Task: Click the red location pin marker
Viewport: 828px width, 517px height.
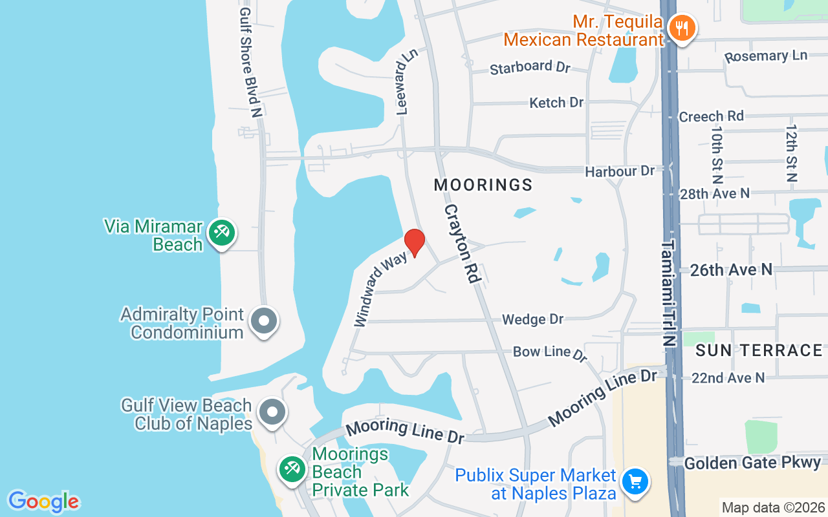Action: point(415,243)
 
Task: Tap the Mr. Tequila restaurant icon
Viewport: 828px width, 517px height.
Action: point(681,28)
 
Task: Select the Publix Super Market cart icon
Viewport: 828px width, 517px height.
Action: point(635,481)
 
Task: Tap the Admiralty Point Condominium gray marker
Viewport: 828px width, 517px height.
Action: point(264,321)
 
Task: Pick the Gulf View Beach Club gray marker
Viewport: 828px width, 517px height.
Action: point(272,411)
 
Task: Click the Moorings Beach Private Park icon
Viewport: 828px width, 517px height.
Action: point(292,469)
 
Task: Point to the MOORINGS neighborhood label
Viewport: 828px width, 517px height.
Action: point(483,185)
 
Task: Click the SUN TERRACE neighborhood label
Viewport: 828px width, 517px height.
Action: point(759,350)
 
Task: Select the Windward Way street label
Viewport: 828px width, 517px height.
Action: point(381,289)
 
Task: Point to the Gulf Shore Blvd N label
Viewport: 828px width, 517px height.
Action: point(250,62)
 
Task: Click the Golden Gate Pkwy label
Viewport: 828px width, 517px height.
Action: point(752,463)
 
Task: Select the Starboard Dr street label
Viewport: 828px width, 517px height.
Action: point(530,67)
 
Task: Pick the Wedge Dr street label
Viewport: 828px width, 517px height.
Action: point(533,319)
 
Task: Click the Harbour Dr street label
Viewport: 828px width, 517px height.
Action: point(620,171)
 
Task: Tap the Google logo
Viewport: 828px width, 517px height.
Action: point(43,501)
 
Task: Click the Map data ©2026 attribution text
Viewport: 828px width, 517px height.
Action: point(773,507)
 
